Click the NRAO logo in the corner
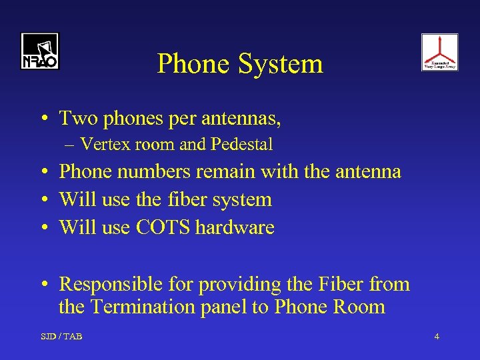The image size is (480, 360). tap(39, 51)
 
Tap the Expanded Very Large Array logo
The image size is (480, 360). tap(439, 52)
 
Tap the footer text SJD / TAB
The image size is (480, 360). tap(61, 337)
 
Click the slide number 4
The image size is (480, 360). tap(437, 337)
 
